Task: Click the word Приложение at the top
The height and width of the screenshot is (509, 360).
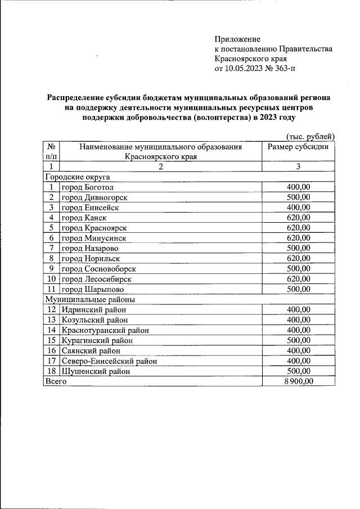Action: (237, 39)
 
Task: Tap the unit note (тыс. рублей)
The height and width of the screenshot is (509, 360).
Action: (310, 137)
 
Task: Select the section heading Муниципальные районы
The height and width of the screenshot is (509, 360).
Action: (87, 300)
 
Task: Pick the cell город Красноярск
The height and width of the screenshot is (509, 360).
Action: (94, 228)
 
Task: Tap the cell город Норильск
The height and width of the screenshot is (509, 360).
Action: (91, 259)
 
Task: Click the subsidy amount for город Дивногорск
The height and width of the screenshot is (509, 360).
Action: (298, 197)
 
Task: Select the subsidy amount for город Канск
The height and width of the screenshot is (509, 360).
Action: (298, 218)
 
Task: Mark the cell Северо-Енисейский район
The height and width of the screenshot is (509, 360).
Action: (109, 361)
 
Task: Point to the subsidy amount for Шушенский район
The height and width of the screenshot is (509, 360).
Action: (298, 371)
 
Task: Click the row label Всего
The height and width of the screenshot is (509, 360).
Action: (56, 381)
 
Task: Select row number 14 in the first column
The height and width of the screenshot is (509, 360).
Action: (52, 330)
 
